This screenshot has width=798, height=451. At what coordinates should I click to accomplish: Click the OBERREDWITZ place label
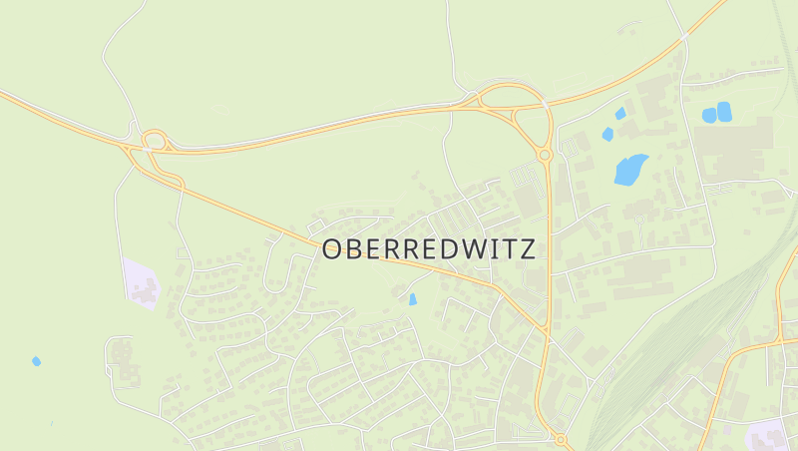click(429, 249)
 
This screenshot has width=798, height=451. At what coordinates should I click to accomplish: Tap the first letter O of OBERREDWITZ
click(333, 249)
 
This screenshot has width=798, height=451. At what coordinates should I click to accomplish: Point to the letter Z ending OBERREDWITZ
click(528, 249)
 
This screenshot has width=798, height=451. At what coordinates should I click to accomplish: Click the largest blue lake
click(629, 170)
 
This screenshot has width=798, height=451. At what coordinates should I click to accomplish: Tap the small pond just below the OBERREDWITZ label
click(412, 298)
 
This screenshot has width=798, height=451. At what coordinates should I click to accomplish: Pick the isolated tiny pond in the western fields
click(37, 360)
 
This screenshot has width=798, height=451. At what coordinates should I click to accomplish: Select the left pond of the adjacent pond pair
click(709, 115)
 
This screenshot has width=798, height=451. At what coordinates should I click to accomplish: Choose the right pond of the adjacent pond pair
click(724, 111)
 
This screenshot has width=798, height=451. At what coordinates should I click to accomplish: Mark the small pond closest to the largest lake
click(607, 134)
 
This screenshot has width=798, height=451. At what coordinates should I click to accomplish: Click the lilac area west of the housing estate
click(141, 282)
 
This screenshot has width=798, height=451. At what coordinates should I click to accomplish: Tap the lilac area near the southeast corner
click(768, 435)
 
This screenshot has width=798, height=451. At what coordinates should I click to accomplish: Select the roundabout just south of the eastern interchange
click(545, 155)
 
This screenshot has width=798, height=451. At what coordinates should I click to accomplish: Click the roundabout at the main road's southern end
click(560, 439)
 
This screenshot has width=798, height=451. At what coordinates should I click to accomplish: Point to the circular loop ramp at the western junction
click(154, 140)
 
